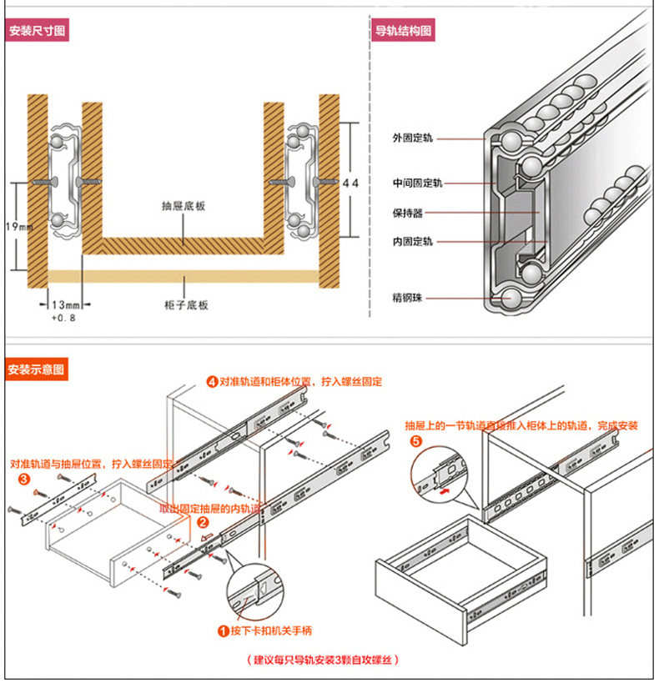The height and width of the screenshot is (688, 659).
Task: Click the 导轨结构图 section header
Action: (x=403, y=33)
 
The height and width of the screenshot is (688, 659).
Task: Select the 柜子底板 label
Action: (x=187, y=305)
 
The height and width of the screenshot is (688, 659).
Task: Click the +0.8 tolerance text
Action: (x=63, y=319)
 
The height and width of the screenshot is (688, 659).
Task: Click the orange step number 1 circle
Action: (x=223, y=631)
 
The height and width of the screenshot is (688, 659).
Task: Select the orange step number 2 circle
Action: (x=202, y=522)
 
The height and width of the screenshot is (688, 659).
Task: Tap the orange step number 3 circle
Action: (x=23, y=480)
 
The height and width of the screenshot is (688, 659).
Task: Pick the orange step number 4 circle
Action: (x=213, y=382)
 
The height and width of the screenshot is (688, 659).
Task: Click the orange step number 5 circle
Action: (x=416, y=442)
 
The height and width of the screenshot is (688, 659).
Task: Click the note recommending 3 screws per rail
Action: (x=323, y=659)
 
